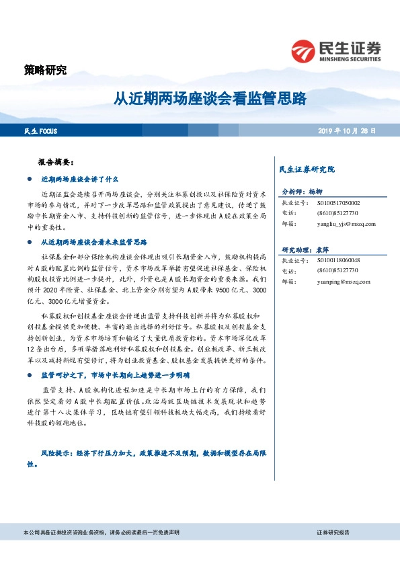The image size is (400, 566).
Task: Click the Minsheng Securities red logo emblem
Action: pos(305,51)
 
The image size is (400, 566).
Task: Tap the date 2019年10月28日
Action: pos(347,130)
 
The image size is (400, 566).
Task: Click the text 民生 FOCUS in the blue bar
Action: pos(38,130)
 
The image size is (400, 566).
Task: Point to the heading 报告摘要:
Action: pos(61,163)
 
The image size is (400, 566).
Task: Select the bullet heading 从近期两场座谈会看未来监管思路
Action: pos(93,241)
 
